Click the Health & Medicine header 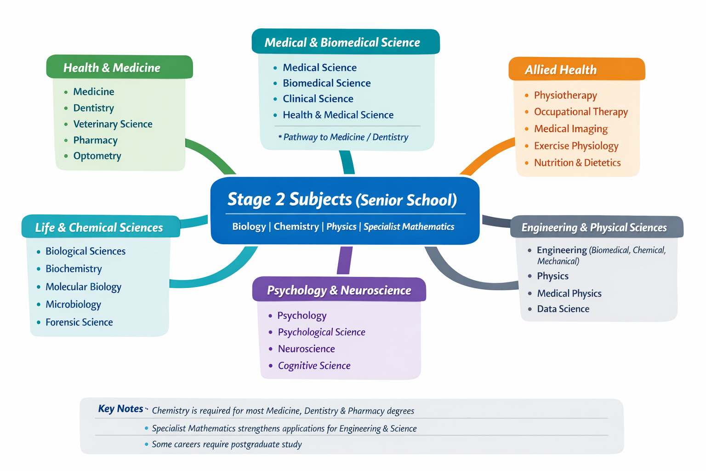click(x=112, y=68)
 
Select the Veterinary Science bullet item click(x=113, y=124)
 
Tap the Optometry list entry click(x=97, y=156)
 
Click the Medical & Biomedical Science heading click(x=342, y=42)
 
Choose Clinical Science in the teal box click(x=318, y=99)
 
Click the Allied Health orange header click(x=561, y=70)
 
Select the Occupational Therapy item click(x=581, y=112)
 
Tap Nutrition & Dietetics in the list click(x=577, y=163)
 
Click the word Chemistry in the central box click(x=296, y=227)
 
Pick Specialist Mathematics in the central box click(x=409, y=227)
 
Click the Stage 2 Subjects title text click(x=290, y=200)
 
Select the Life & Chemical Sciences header click(x=99, y=228)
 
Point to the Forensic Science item click(x=79, y=322)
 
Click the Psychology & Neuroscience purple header click(x=339, y=290)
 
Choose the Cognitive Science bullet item click(x=314, y=366)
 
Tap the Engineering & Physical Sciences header click(x=594, y=228)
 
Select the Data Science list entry click(x=563, y=309)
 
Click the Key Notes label click(x=120, y=409)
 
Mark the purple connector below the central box click(x=345, y=260)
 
